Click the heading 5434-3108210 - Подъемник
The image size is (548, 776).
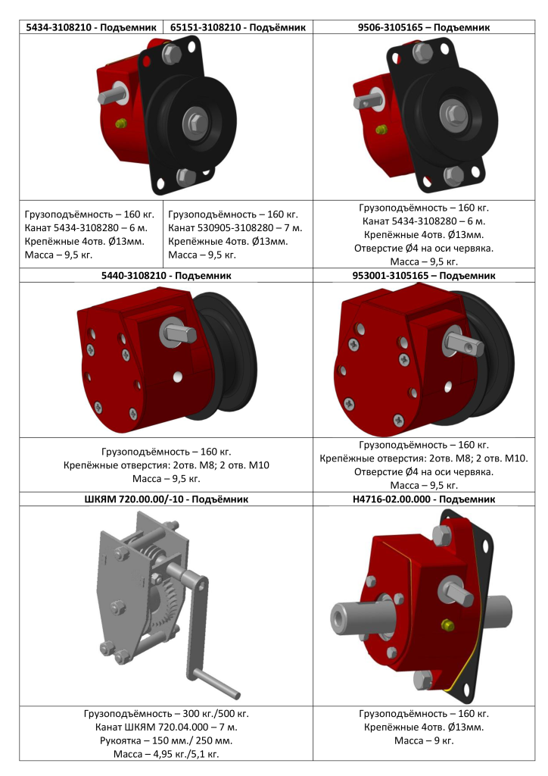click(x=91, y=27)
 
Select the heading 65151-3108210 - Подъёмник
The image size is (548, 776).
click(x=238, y=27)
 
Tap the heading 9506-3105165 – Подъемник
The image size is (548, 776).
click(x=423, y=27)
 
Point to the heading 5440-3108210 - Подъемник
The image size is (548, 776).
click(x=166, y=275)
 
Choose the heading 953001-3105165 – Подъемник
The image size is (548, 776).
click(x=423, y=275)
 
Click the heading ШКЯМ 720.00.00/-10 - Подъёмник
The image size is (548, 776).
click(x=166, y=499)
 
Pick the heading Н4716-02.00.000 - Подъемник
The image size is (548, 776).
click(x=423, y=499)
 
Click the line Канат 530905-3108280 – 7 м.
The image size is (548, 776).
click(x=235, y=228)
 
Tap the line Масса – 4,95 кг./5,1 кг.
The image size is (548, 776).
click(x=166, y=754)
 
